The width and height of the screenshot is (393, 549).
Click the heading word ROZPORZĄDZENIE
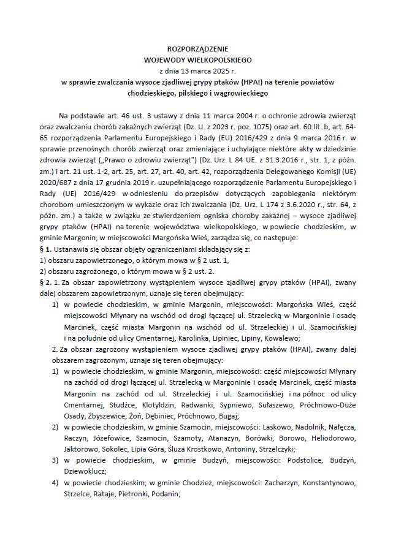(x=196, y=48)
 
